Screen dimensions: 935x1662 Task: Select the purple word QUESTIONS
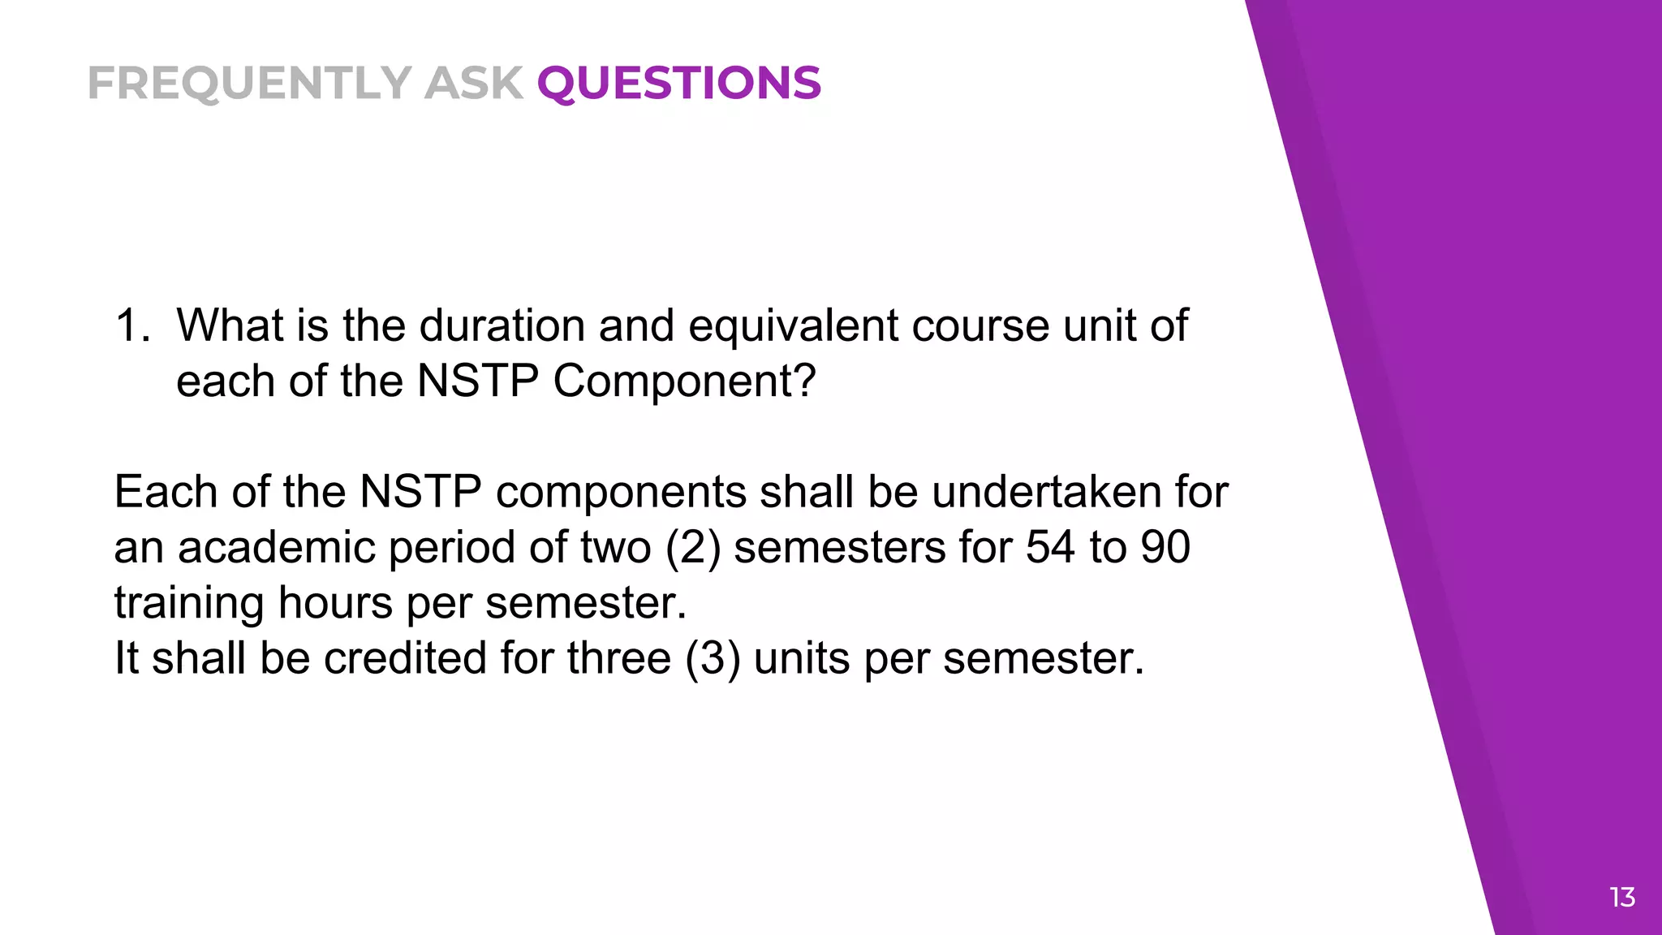click(x=679, y=83)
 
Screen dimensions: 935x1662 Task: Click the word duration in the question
click(x=502, y=325)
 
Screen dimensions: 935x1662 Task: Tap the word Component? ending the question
click(x=684, y=381)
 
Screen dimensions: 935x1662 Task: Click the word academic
click(x=276, y=547)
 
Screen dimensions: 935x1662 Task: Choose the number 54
click(x=1050, y=547)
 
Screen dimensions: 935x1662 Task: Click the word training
click(x=189, y=603)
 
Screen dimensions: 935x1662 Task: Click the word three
click(x=618, y=657)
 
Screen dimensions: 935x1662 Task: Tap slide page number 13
click(x=1621, y=898)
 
